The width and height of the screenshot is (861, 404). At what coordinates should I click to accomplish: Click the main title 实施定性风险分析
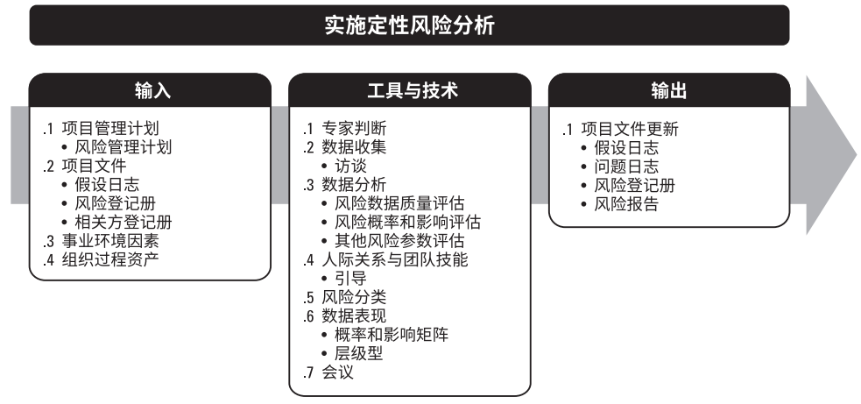point(409,25)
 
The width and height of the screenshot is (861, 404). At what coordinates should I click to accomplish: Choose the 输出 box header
point(669,89)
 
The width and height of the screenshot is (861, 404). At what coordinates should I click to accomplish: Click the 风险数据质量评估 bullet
point(395,202)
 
